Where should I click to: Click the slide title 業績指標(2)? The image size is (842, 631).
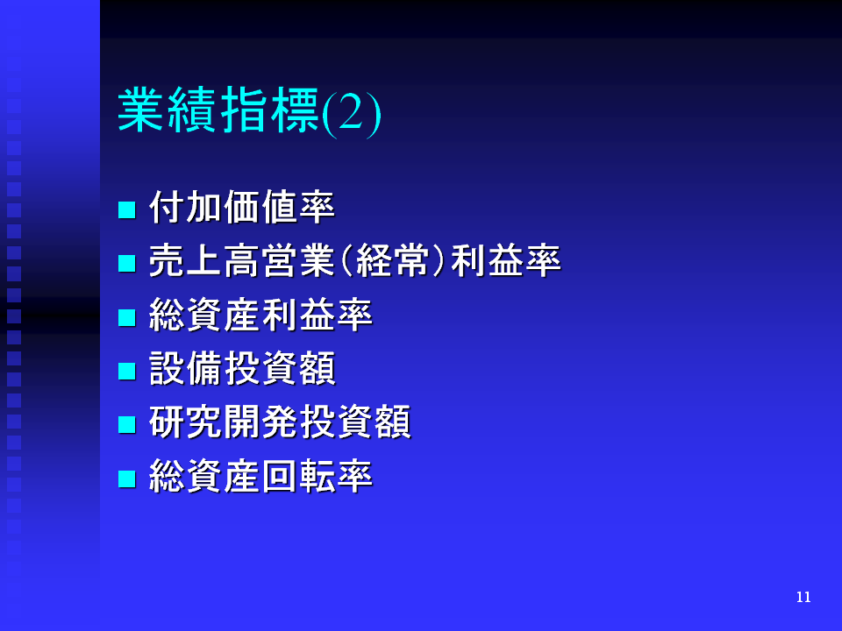point(249,110)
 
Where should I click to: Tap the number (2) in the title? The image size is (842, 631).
point(352,113)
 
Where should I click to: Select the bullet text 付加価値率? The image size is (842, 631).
point(242,207)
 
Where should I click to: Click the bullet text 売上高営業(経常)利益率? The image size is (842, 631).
point(355,261)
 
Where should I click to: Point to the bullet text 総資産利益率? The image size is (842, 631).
point(261,315)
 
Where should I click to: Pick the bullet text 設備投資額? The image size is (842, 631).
point(242,369)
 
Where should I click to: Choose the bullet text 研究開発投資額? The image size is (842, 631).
point(280,422)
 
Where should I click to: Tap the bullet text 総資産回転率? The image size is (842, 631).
point(261,476)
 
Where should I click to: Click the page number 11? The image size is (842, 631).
point(803,597)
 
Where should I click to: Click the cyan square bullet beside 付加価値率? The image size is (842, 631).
point(126,209)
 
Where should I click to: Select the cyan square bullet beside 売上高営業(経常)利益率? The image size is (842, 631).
point(126,264)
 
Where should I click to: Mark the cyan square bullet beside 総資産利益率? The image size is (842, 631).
point(126,317)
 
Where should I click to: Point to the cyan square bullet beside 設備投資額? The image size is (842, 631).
point(126,371)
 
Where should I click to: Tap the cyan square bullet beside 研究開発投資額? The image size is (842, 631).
point(126,424)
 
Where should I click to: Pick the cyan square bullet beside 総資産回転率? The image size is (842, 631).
point(126,479)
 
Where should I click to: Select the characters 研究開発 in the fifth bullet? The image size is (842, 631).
point(224,422)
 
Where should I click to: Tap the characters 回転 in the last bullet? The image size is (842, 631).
point(298,476)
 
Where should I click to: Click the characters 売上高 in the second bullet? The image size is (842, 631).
point(204,261)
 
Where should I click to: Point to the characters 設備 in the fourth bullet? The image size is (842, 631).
point(186,369)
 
